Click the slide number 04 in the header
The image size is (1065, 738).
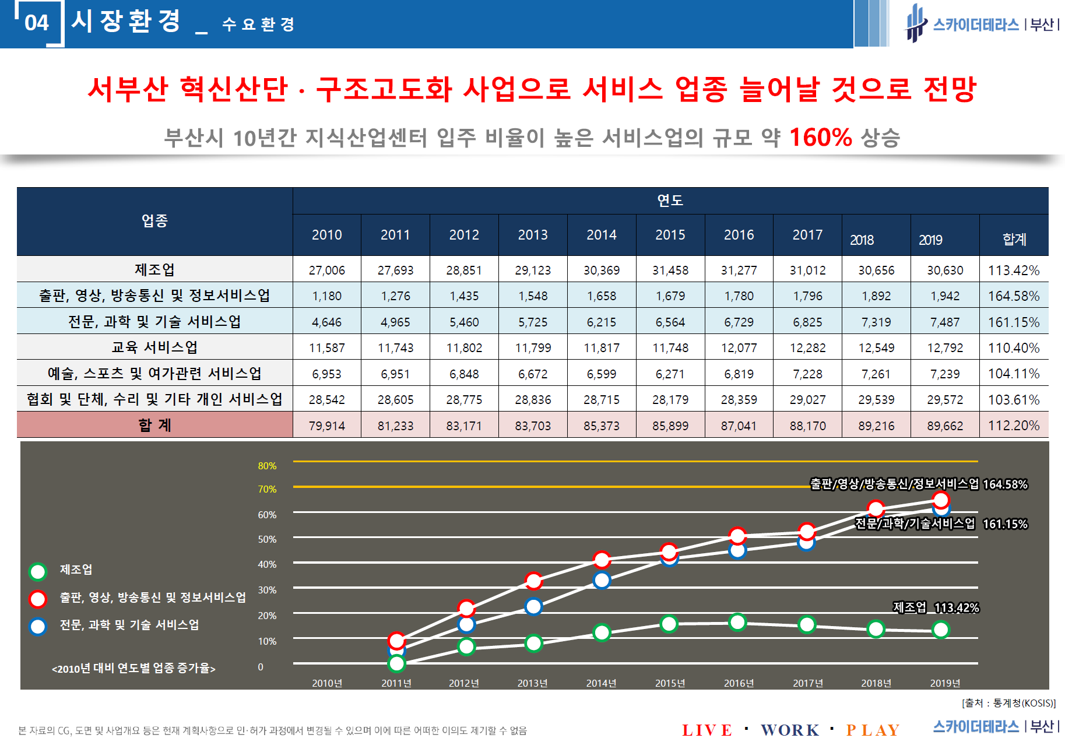(x=36, y=23)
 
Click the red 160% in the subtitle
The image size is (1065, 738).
(x=820, y=138)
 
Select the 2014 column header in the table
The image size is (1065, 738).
(x=601, y=235)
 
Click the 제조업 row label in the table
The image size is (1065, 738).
(x=154, y=270)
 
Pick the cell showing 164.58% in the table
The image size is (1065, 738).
(x=1013, y=296)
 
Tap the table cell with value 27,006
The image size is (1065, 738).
(x=326, y=270)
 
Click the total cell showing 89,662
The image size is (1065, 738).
(x=944, y=426)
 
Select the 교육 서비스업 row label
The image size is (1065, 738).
(x=154, y=348)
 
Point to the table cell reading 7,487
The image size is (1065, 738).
(x=944, y=322)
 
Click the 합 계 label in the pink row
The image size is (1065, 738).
(x=154, y=426)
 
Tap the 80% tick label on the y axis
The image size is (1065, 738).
(x=267, y=466)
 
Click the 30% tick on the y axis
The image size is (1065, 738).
(x=267, y=590)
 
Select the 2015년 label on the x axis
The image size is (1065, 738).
(x=670, y=683)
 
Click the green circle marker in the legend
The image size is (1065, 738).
(x=38, y=572)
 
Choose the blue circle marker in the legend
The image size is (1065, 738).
(x=38, y=627)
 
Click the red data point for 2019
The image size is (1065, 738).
(x=941, y=500)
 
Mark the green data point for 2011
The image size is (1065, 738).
(x=396, y=663)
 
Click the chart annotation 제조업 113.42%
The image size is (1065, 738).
(x=936, y=608)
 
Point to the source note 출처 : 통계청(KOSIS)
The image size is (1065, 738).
(x=1008, y=703)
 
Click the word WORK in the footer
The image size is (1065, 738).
(x=790, y=730)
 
